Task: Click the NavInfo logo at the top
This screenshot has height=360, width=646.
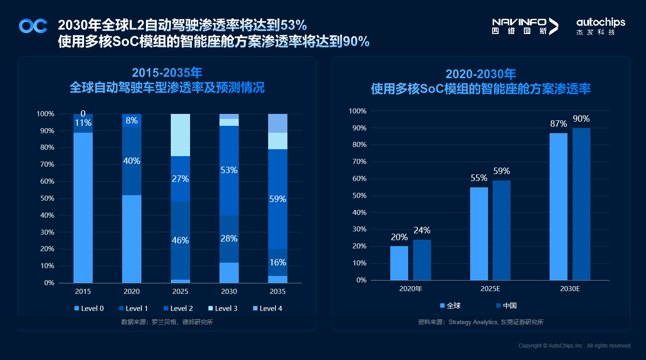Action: point(525,26)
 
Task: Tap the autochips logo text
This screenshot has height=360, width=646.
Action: point(601,22)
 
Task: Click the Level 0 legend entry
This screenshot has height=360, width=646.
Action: point(92,309)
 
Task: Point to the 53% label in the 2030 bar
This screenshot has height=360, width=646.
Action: point(229,170)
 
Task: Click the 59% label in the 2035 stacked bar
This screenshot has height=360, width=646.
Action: point(278,199)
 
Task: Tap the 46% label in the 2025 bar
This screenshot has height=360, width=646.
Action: point(180,240)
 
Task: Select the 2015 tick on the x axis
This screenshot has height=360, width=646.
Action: point(83,292)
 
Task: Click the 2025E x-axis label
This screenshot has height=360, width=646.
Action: point(490,289)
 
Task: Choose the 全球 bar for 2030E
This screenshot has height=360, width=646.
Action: point(558,207)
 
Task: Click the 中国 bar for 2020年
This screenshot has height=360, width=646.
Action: point(422,260)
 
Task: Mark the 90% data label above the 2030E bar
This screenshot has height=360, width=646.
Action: point(581,119)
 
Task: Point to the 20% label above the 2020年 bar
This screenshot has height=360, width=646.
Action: point(399,237)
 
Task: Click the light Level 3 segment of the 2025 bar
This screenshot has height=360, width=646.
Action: point(180,135)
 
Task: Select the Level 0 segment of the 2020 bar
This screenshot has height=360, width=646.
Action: point(132,239)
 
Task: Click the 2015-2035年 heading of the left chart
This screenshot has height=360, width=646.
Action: point(167,73)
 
